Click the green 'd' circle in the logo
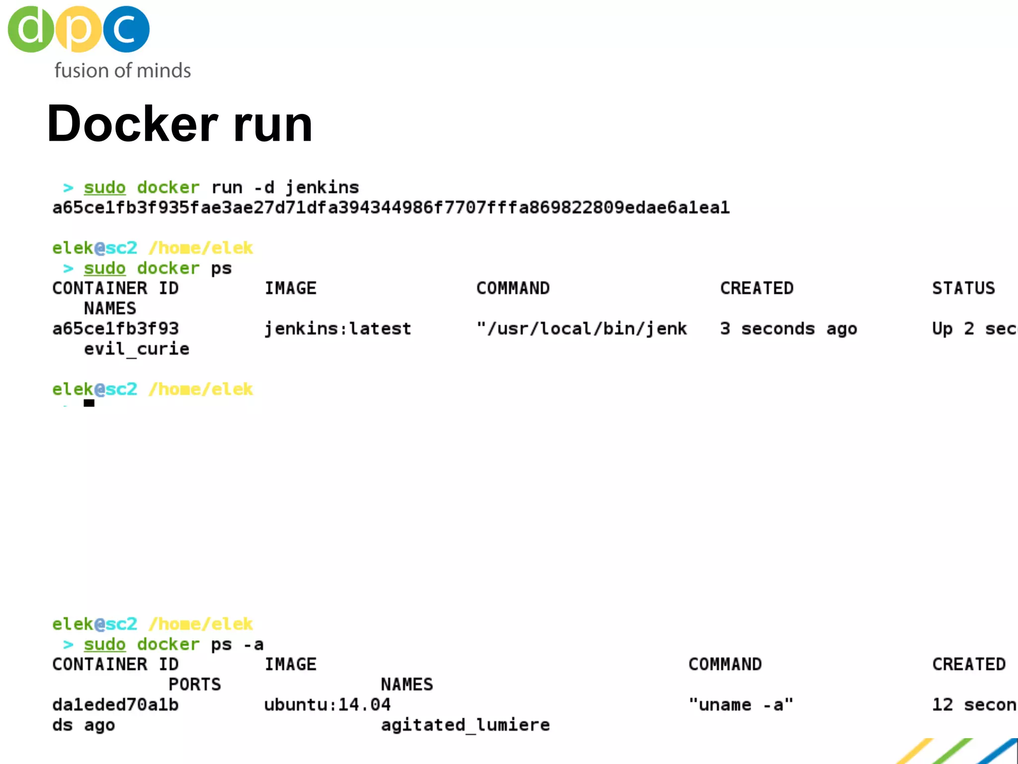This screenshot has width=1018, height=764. (31, 29)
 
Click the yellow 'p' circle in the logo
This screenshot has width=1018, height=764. (79, 29)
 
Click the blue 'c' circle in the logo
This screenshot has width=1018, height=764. (126, 29)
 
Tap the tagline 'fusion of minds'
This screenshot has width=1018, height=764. (122, 71)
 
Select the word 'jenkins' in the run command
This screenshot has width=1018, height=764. (322, 188)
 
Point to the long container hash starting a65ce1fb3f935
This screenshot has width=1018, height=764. (391, 207)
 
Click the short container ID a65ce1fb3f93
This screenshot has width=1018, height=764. (115, 329)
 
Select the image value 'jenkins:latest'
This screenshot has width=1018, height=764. (338, 329)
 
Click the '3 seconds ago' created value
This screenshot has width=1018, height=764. (788, 329)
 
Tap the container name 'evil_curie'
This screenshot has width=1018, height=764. (136, 349)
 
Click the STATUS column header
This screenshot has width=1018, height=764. (963, 288)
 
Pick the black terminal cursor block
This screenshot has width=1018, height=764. (89, 403)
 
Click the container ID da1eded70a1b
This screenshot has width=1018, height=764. (115, 705)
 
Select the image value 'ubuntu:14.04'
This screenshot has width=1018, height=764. (327, 705)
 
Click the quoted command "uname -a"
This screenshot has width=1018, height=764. (741, 705)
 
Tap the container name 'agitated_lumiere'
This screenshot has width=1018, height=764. (465, 725)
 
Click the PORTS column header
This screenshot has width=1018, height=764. (194, 684)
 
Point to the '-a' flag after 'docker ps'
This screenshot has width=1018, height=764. (254, 645)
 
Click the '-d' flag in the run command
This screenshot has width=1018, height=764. (264, 188)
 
